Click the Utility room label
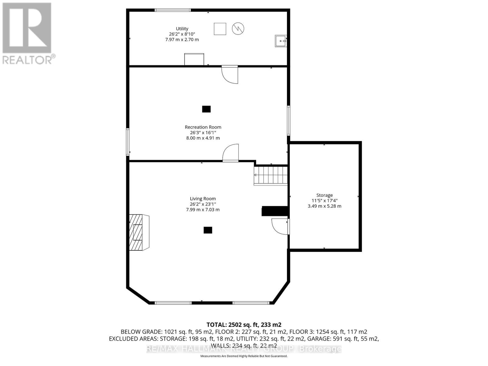click(x=182, y=29)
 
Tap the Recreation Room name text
click(x=203, y=127)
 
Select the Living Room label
click(x=203, y=199)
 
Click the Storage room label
click(x=324, y=195)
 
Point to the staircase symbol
click(x=271, y=175)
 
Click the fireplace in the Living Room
click(x=139, y=232)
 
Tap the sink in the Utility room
click(x=281, y=41)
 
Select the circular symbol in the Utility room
click(x=238, y=29)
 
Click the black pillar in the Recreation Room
click(x=206, y=109)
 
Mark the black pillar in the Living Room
click(x=208, y=230)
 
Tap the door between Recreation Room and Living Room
click(x=231, y=153)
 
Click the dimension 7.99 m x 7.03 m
click(x=203, y=210)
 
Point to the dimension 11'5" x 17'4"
click(x=324, y=201)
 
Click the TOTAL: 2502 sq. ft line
click(x=244, y=325)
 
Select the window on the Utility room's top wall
click(x=173, y=10)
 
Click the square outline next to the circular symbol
click(x=220, y=29)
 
